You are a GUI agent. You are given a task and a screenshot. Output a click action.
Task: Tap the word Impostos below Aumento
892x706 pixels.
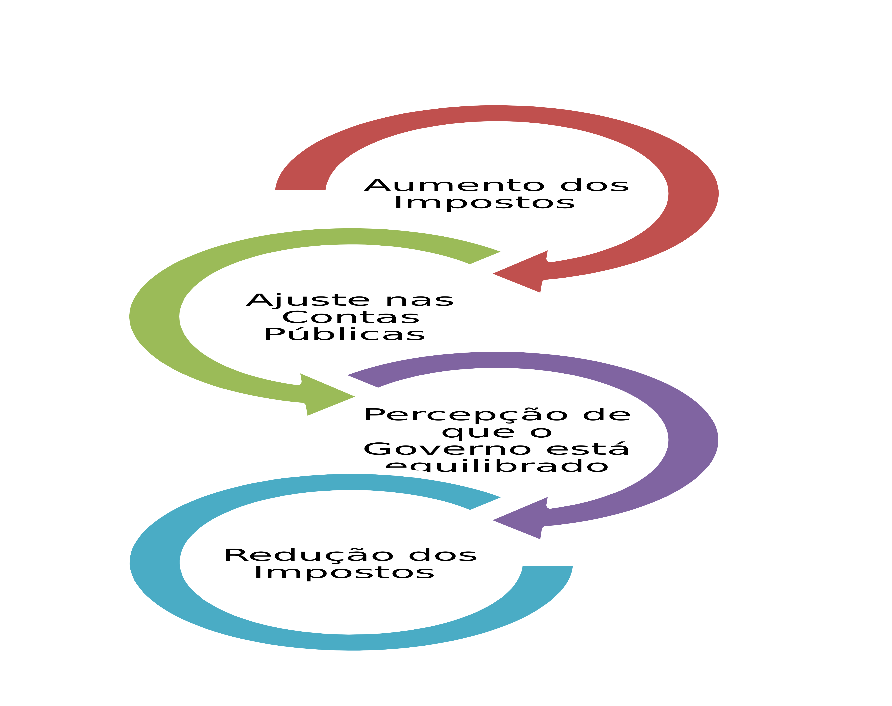(484, 203)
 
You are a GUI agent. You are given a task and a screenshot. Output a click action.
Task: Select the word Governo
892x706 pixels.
(447, 449)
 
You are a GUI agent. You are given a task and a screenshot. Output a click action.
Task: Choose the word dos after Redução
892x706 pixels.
(443, 555)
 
